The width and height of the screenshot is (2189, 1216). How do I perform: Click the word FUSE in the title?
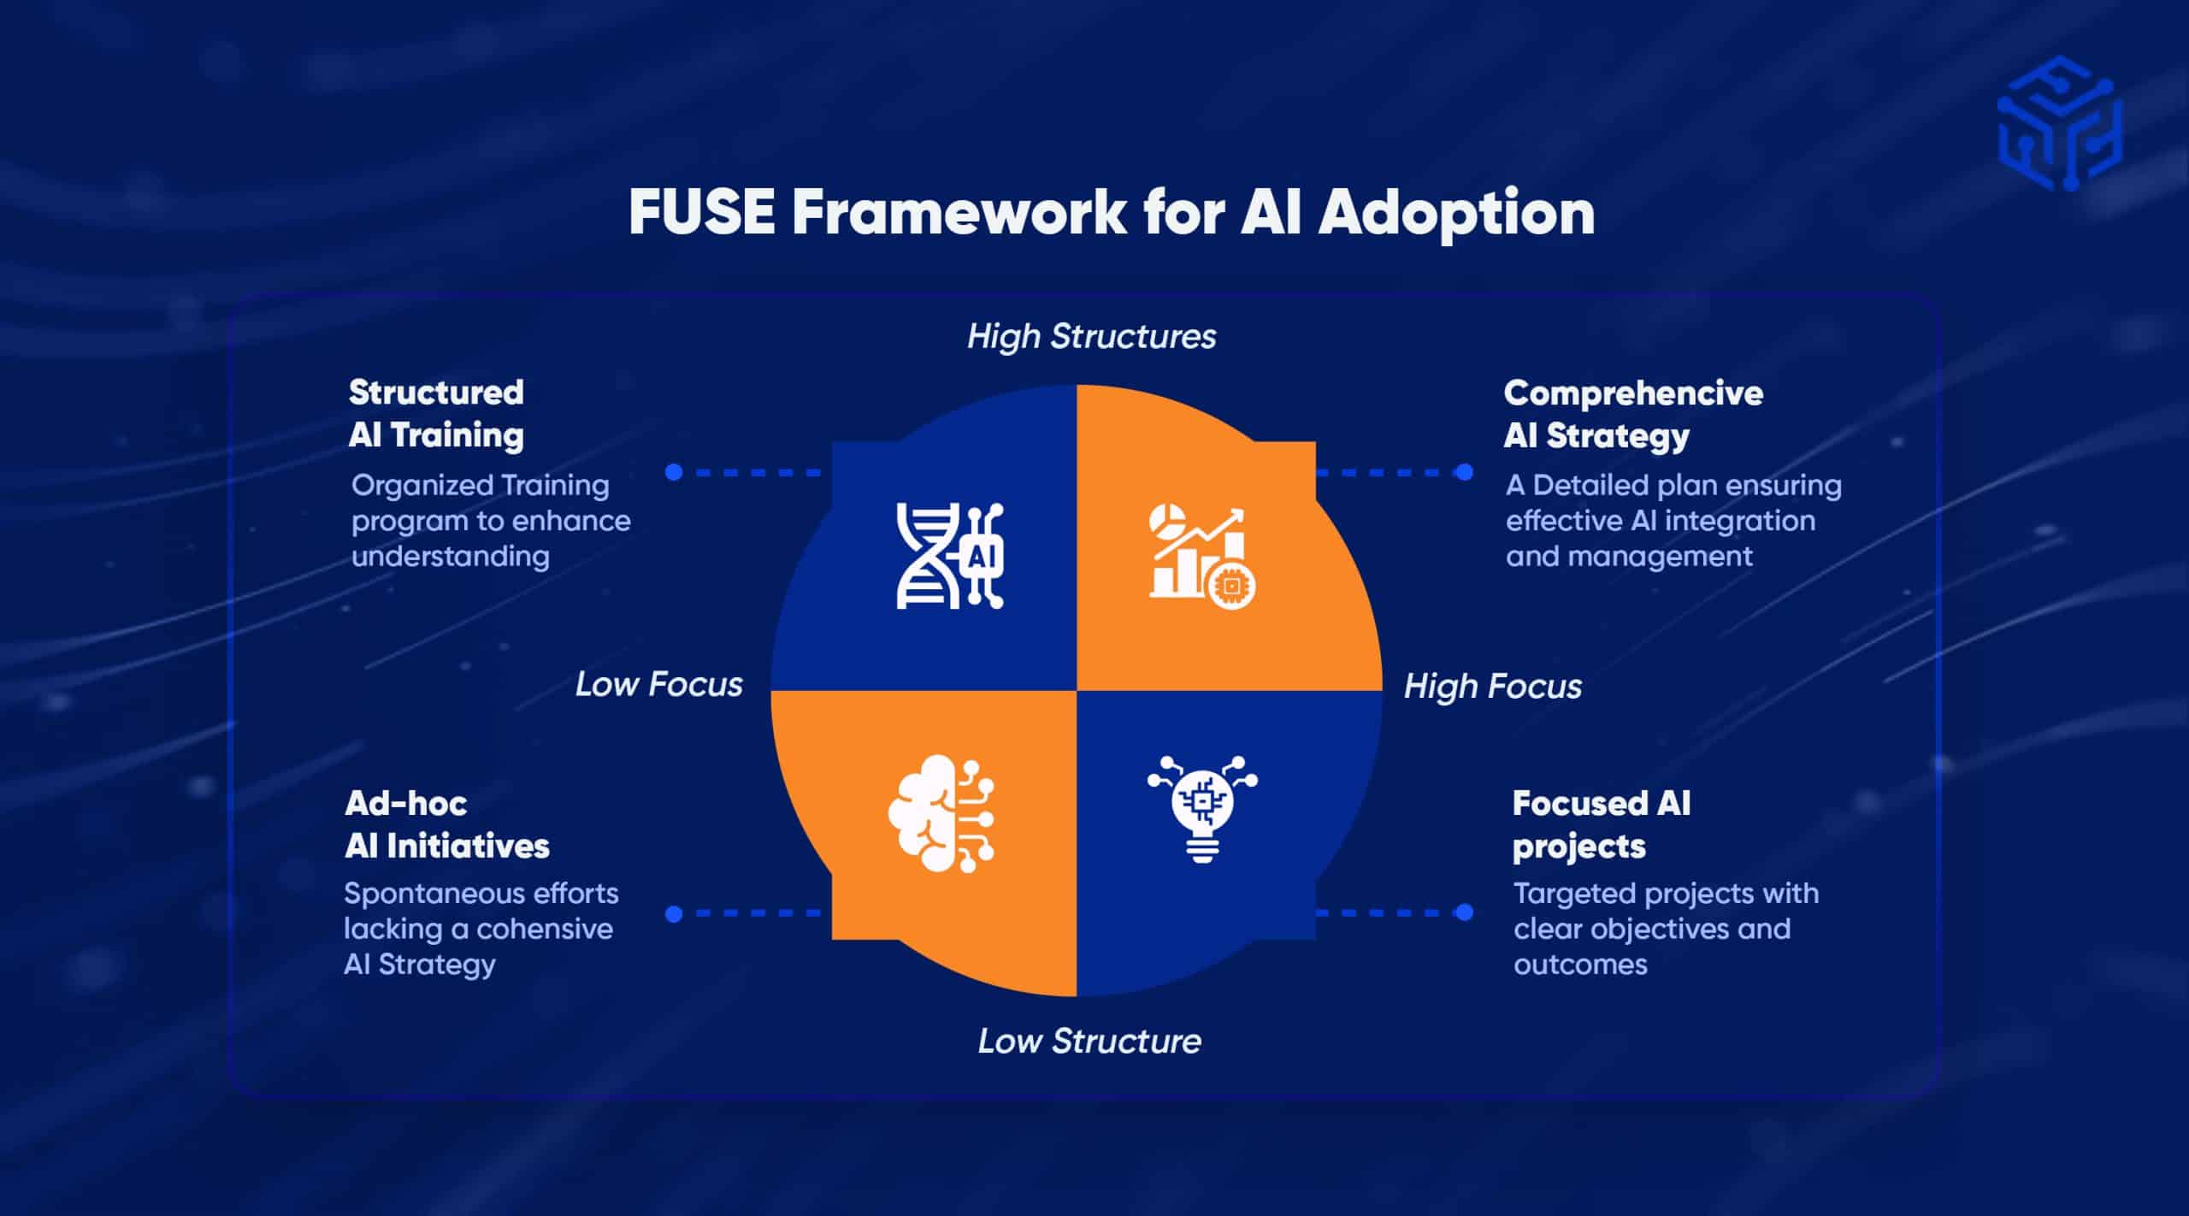(701, 212)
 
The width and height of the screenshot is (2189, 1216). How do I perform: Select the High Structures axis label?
(1091, 336)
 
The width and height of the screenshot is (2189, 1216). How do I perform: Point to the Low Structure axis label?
(1089, 1041)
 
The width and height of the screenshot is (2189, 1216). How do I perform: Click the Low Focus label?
(658, 684)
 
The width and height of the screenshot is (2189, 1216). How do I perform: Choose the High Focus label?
(1492, 686)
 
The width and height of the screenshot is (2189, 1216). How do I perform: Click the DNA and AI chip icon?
(949, 556)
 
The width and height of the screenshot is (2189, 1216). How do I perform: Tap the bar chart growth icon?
(1202, 556)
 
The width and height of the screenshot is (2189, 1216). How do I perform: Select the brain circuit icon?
(941, 813)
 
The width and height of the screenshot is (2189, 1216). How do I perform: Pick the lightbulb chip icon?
(1202, 808)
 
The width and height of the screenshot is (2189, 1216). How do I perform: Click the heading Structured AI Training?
(436, 414)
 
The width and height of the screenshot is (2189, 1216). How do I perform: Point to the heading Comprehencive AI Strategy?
(1632, 414)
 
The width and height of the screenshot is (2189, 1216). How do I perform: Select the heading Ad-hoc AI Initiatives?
(446, 824)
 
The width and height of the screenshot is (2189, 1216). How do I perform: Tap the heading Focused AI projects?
(1601, 824)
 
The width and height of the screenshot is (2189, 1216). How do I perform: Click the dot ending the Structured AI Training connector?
(674, 472)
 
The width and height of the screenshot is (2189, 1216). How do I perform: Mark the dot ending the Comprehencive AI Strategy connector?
(1464, 472)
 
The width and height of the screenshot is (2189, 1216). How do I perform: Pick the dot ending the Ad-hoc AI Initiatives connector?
(674, 914)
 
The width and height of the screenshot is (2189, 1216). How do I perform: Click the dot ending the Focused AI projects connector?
(1464, 912)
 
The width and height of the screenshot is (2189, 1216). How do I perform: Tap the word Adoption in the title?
(1455, 212)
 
